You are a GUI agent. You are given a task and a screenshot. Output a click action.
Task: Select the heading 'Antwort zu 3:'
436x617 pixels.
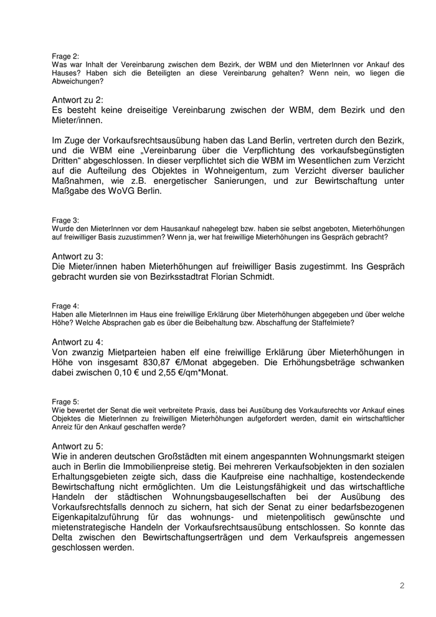coord(78,256)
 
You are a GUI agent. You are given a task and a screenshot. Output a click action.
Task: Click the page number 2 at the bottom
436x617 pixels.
coord(402,585)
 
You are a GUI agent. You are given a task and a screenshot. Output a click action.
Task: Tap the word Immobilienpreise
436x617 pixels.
coord(168,467)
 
